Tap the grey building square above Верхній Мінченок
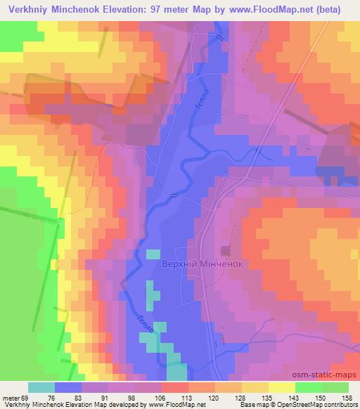coord(226,250)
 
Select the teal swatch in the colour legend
coord(41,387)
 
